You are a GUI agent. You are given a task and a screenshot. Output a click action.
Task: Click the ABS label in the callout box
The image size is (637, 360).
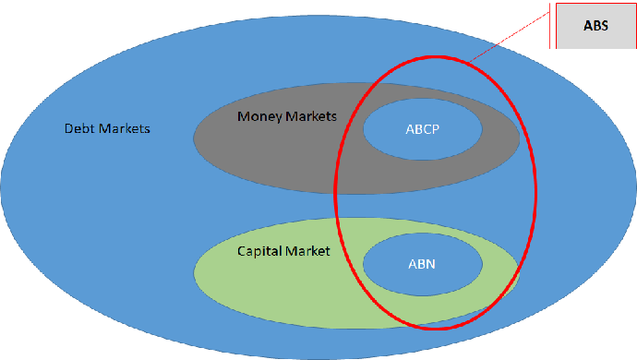[x=595, y=26]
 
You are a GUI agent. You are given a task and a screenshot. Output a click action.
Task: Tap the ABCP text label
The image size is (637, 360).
[x=422, y=129]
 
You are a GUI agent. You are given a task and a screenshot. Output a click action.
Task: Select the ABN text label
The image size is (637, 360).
[x=422, y=264]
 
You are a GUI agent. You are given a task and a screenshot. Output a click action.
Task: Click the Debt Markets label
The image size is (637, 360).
[x=107, y=128]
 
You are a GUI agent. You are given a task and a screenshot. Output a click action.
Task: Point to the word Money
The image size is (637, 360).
[x=258, y=116]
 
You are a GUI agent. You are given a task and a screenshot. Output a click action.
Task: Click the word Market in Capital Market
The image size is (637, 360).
[x=307, y=251]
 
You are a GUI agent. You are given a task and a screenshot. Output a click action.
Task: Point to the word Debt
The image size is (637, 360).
[x=78, y=128]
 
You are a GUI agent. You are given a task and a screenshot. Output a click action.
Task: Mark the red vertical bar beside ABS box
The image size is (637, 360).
[x=551, y=25]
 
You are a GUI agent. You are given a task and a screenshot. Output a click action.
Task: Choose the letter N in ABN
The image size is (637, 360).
[x=430, y=264]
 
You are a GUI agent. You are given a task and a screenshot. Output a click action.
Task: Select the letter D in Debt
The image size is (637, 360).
[x=68, y=128]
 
